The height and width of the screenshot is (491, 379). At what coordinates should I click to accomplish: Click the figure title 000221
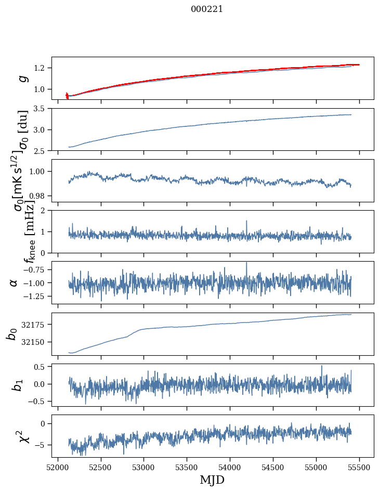pyautogui.click(x=207, y=9)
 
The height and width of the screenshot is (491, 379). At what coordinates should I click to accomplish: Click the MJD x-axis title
pyautogui.click(x=212, y=480)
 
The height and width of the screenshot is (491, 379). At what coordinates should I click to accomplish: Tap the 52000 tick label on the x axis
pyautogui.click(x=58, y=468)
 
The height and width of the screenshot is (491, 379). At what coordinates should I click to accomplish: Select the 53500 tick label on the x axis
pyautogui.click(x=187, y=468)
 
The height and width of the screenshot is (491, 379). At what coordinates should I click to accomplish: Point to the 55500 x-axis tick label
pyautogui.click(x=359, y=468)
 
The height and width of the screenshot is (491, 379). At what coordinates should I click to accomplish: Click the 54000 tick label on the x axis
pyautogui.click(x=230, y=468)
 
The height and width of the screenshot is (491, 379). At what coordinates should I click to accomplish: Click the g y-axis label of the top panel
pyautogui.click(x=22, y=78)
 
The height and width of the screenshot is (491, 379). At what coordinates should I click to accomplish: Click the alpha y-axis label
pyautogui.click(x=14, y=282)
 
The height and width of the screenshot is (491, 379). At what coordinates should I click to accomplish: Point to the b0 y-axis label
pyautogui.click(x=12, y=333)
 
